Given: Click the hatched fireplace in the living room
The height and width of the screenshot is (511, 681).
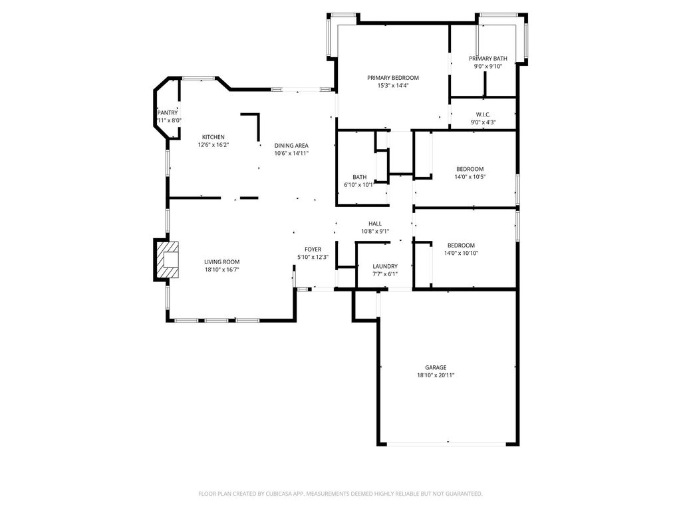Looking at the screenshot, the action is coord(167,260).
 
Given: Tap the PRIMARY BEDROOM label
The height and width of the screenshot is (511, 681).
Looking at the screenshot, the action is coord(393,78).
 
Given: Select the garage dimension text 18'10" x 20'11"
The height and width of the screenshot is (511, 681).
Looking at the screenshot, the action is coord(436,375).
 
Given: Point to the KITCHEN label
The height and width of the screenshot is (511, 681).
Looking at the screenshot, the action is coord(213,137).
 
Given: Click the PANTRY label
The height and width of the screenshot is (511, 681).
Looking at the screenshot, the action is coord(168,113).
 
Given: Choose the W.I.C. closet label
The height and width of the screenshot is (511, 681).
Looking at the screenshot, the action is coord(483,114).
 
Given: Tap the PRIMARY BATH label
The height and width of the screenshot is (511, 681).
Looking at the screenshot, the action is coord(487,59).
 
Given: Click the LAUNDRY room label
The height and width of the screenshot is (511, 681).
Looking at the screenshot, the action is coord(385,266).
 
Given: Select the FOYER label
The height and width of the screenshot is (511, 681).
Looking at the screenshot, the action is coord(313,250).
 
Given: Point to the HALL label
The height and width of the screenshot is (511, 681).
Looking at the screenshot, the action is coord(375,224).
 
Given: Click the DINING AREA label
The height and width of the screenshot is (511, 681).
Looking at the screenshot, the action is coord(291,146).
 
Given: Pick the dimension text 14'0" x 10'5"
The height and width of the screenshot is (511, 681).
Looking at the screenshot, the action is coord(470,177).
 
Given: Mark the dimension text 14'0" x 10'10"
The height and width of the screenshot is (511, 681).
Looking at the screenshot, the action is coord(462,253).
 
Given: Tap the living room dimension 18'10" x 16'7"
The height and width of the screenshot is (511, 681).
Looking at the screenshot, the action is coord(222,270).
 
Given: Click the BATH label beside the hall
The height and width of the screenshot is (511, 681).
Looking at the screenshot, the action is coord(360,177).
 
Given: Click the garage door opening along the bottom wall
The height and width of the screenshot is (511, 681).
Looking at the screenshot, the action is coord(446,444).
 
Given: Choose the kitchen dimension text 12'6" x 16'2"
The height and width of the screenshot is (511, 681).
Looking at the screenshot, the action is coord(213,145).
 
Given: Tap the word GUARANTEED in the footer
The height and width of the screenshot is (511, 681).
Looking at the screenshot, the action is coord(465,494).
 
